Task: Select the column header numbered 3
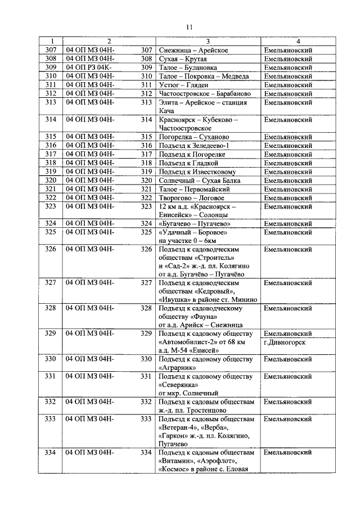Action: click(x=208, y=42)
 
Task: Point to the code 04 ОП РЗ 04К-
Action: click(x=90, y=67)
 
